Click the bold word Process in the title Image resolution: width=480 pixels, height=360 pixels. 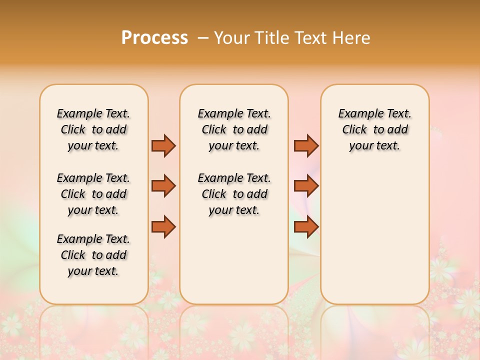click(x=154, y=37)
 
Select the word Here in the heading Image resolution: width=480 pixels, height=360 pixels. click(x=352, y=38)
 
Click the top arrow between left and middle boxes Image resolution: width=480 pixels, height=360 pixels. click(x=163, y=145)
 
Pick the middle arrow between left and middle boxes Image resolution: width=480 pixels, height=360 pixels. click(x=163, y=186)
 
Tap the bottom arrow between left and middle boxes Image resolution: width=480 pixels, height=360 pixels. click(x=163, y=227)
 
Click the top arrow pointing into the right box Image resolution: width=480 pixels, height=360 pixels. click(x=306, y=145)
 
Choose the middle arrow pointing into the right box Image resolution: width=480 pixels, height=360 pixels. click(x=306, y=186)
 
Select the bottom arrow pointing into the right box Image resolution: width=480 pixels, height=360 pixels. click(x=306, y=227)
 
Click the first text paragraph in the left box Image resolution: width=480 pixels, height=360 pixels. click(x=93, y=129)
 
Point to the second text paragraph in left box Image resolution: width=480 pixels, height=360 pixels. click(x=93, y=194)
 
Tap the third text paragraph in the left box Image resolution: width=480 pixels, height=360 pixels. click(x=93, y=255)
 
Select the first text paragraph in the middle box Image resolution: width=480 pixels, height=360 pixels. click(x=234, y=129)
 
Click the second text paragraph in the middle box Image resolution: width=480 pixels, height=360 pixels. click(x=234, y=194)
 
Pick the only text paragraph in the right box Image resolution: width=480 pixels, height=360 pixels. click(x=375, y=129)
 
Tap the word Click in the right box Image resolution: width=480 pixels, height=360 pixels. click(x=354, y=130)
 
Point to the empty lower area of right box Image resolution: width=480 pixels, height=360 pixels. click(x=375, y=235)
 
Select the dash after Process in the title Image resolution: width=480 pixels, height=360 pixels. click(x=203, y=38)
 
